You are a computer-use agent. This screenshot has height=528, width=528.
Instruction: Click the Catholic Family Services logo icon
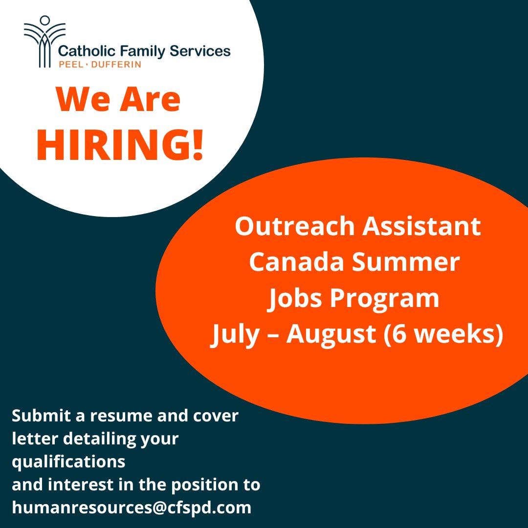click(x=44, y=41)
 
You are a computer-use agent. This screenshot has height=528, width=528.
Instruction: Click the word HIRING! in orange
click(x=119, y=146)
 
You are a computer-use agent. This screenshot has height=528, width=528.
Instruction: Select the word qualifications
click(x=68, y=461)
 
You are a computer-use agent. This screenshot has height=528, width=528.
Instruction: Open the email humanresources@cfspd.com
click(x=132, y=507)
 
